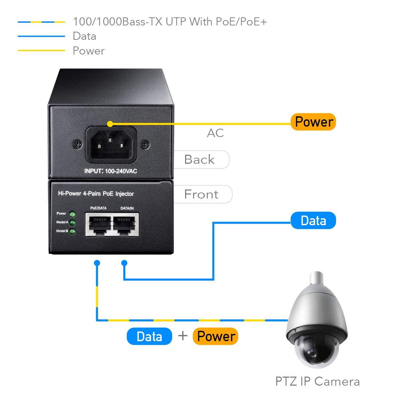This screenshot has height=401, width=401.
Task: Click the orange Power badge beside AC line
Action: click(x=313, y=122)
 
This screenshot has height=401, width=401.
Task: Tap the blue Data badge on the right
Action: click(x=313, y=221)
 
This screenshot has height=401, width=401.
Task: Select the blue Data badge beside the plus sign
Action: click(x=149, y=336)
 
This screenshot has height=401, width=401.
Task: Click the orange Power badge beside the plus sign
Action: click(x=216, y=336)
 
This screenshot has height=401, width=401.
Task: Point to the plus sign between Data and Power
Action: click(x=183, y=336)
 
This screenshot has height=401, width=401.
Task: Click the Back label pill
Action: click(x=200, y=159)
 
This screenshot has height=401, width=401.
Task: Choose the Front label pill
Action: click(x=202, y=194)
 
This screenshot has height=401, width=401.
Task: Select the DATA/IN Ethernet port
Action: click(x=126, y=224)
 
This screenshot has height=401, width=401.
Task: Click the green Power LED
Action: click(x=72, y=214)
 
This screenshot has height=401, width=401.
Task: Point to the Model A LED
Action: click(x=72, y=223)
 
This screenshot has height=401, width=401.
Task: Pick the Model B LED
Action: click(x=72, y=232)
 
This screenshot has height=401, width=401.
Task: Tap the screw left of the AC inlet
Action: click(x=78, y=144)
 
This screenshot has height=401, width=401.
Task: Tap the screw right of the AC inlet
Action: click(x=145, y=144)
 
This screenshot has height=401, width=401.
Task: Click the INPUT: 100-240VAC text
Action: click(x=111, y=171)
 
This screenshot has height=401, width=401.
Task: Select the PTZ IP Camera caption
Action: click(x=317, y=381)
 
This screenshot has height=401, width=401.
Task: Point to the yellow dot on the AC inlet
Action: click(x=110, y=124)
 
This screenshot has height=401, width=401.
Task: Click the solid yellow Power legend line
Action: click(x=41, y=50)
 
